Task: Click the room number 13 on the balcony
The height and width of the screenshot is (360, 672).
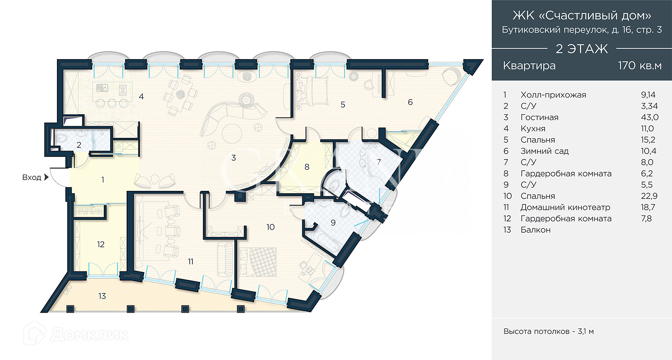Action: (x=102, y=296)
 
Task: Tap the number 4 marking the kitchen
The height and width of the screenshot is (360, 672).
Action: (x=141, y=96)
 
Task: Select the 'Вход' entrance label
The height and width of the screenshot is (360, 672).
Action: (x=31, y=177)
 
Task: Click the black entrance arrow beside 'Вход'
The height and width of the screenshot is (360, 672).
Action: (x=46, y=177)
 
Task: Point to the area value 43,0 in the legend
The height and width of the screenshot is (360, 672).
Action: (x=650, y=117)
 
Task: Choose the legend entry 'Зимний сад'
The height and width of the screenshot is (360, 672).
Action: (x=544, y=151)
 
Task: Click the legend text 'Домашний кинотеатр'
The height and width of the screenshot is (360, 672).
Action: (x=565, y=207)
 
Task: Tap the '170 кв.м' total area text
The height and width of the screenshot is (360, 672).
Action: (x=639, y=65)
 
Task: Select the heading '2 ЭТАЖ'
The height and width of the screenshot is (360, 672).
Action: (x=581, y=49)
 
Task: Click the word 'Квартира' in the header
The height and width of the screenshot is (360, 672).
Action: (x=529, y=65)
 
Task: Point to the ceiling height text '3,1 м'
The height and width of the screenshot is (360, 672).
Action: (x=586, y=331)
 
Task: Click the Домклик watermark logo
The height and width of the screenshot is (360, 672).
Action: (x=76, y=334)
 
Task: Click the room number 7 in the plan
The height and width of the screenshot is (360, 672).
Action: (x=379, y=162)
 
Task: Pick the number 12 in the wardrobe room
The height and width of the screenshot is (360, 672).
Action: (x=101, y=244)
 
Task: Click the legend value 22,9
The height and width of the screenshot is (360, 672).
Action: (x=649, y=196)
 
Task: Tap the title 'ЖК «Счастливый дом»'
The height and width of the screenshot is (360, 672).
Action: (x=581, y=15)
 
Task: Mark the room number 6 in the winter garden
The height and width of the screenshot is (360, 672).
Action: (x=410, y=102)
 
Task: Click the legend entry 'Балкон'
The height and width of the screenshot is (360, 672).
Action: (x=535, y=230)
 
